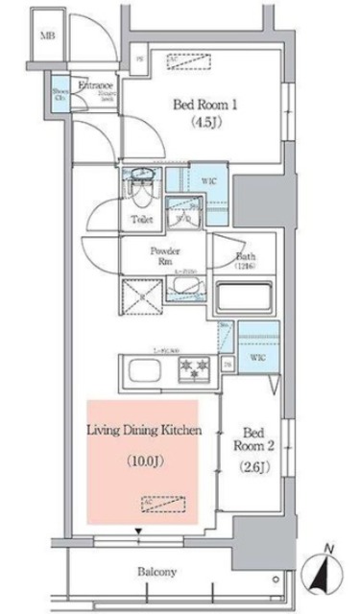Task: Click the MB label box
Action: coord(46,35)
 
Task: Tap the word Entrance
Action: coord(95,84)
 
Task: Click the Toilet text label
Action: coord(140,218)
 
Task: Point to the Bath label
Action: coord(244,257)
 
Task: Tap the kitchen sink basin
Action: coord(139,369)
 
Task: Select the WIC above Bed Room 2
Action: coord(257,357)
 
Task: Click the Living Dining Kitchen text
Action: coord(144,433)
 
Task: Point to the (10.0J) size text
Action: coord(144,460)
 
